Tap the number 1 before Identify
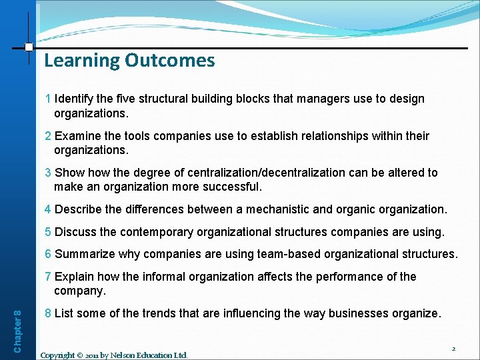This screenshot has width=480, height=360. click(48, 99)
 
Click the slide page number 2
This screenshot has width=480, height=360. click(453, 349)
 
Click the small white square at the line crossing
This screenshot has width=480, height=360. click(29, 47)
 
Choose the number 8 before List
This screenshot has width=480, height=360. click(48, 313)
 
